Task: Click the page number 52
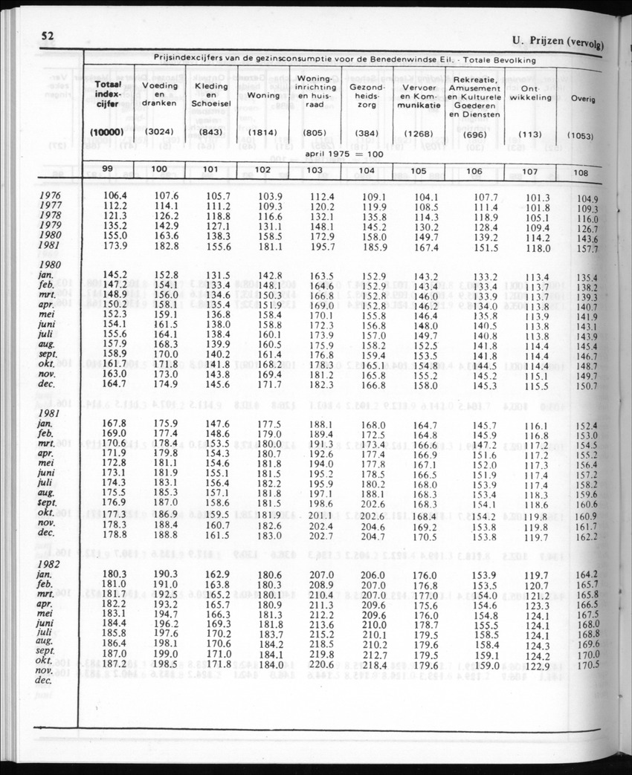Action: tap(47, 36)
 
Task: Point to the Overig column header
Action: tap(582, 99)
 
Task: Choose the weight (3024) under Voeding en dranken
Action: tap(159, 132)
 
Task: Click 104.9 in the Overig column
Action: tap(587, 199)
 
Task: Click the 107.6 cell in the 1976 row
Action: tap(159, 196)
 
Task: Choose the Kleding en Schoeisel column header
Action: tap(210, 96)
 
